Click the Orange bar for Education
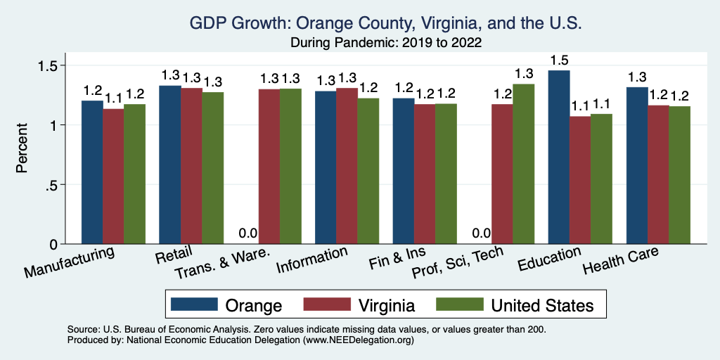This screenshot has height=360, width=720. click(x=559, y=157)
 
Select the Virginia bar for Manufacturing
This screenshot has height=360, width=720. click(x=114, y=176)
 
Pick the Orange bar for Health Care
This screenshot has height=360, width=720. click(x=637, y=165)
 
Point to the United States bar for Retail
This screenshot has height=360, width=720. click(x=213, y=168)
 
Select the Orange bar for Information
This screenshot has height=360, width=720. click(x=326, y=167)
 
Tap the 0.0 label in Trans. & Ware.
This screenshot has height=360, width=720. click(x=248, y=233)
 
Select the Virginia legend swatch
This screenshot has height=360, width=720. click(x=326, y=305)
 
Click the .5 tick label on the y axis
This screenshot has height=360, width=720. click(x=52, y=185)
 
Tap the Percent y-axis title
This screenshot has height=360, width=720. click(x=22, y=149)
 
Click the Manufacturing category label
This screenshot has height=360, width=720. click(x=70, y=262)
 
